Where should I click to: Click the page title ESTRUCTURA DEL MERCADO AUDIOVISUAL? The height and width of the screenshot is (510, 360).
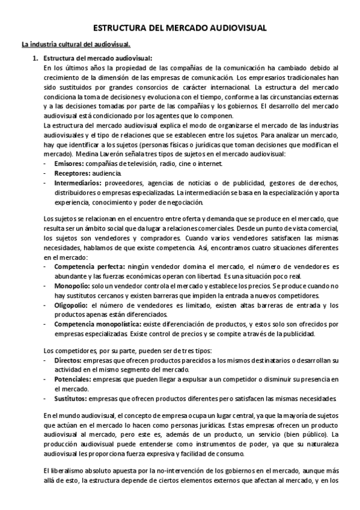[x=180, y=28]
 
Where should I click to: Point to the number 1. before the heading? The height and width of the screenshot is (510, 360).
[x=36, y=58]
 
